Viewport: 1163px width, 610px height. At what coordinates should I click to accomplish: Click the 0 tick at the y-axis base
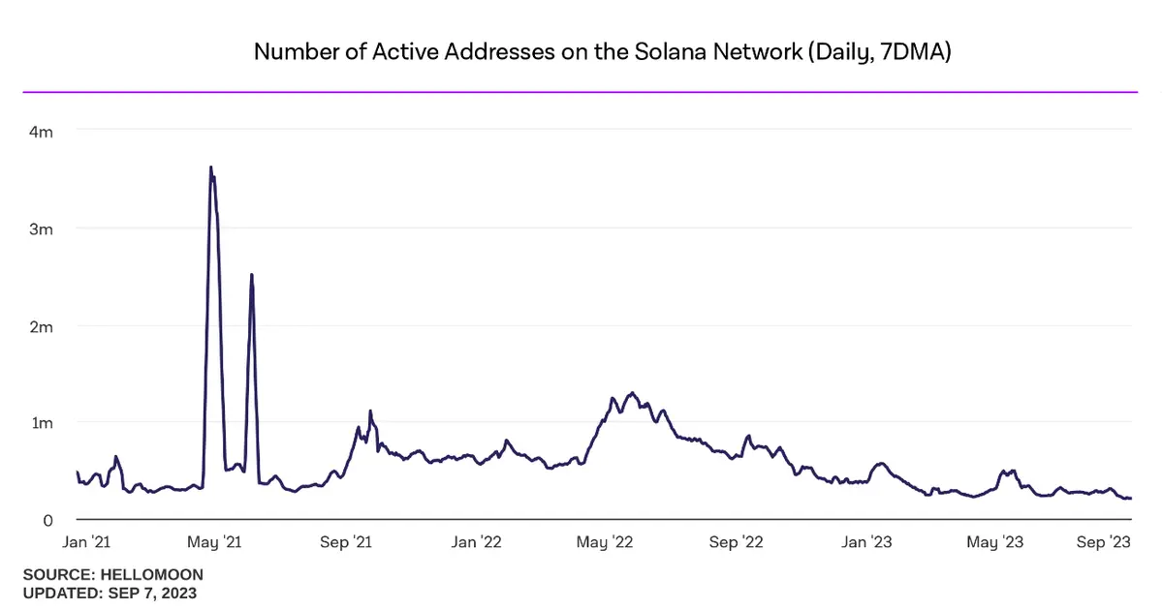[x=46, y=520]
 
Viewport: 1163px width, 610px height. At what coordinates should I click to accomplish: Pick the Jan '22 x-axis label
[x=478, y=543]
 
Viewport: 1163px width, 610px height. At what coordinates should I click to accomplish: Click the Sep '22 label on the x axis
[x=737, y=543]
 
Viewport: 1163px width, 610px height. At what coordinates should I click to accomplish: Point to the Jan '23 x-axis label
[x=867, y=543]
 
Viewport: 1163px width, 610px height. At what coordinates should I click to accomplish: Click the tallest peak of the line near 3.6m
[x=210, y=168]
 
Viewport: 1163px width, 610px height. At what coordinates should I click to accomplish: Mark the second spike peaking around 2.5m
[x=252, y=275]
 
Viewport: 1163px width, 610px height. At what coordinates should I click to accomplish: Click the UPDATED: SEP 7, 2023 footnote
[x=110, y=593]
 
